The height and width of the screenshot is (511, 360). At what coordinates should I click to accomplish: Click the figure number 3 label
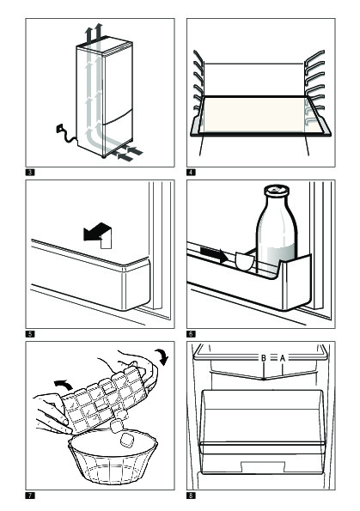[30, 172]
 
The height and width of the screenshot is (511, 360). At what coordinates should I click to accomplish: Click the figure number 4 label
[191, 172]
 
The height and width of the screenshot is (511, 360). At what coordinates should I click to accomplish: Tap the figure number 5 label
[30, 334]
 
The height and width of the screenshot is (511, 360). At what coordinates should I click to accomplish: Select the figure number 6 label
[191, 334]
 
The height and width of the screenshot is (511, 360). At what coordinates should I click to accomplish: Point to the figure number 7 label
[30, 496]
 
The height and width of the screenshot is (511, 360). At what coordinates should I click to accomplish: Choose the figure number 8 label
[191, 496]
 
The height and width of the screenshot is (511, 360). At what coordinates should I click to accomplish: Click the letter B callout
[264, 358]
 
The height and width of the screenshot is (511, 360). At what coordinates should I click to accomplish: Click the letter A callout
[283, 358]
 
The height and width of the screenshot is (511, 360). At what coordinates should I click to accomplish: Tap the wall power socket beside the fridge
[59, 129]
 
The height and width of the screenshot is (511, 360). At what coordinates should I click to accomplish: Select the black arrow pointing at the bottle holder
[214, 255]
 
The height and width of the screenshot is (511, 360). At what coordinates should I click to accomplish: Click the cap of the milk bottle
[277, 190]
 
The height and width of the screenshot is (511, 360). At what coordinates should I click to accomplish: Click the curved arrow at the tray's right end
[162, 356]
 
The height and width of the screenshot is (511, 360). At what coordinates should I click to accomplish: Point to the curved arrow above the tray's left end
[64, 385]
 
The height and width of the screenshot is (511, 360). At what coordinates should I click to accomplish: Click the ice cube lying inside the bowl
[126, 440]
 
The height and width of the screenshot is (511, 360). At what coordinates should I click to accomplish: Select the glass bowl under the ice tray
[113, 457]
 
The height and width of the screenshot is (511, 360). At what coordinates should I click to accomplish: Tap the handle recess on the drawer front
[263, 466]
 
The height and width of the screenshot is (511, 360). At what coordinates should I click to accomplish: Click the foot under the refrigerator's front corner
[104, 157]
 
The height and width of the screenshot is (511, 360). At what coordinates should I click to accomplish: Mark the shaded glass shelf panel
[254, 115]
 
